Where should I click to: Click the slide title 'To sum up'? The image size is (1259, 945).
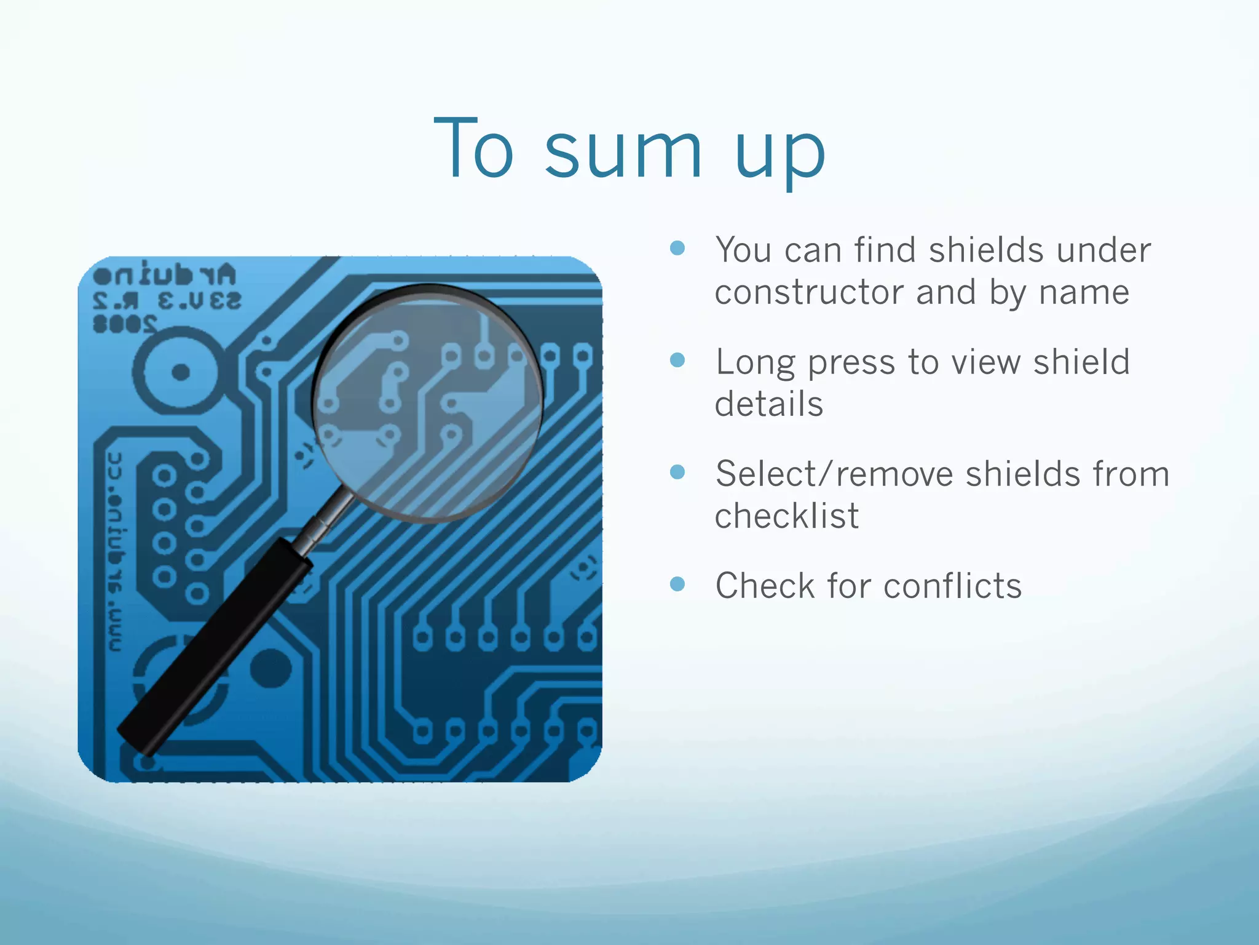click(629, 151)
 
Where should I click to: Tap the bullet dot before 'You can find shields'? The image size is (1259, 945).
click(677, 248)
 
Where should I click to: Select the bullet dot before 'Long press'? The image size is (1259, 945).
click(677, 360)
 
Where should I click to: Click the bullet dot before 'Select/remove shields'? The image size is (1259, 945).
click(677, 472)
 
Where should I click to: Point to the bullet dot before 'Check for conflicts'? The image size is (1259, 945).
click(677, 583)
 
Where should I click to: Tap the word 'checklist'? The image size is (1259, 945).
click(786, 516)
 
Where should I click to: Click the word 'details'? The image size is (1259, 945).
click(768, 404)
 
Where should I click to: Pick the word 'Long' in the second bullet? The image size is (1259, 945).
click(756, 362)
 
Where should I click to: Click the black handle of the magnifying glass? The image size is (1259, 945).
click(215, 646)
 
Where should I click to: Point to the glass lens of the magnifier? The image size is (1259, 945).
click(427, 403)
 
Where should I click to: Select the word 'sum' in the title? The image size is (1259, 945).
click(623, 151)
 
